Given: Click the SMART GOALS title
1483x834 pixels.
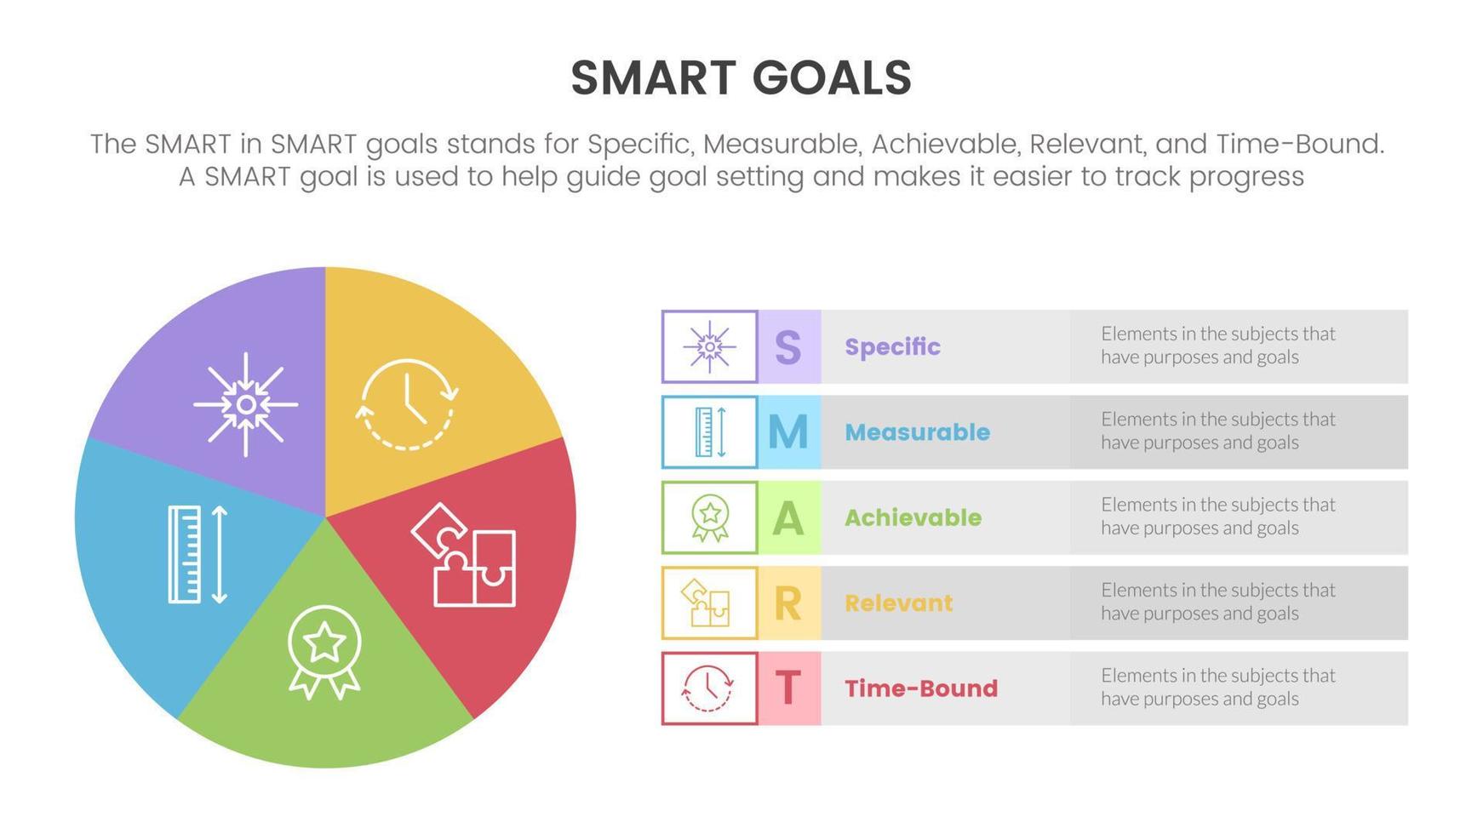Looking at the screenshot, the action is click(741, 77).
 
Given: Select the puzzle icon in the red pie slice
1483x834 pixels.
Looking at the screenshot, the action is click(464, 555).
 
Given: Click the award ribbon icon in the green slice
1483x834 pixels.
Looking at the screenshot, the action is click(324, 652).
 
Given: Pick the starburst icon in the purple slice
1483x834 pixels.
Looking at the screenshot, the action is click(245, 404).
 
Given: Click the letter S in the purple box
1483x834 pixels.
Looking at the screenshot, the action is click(787, 347).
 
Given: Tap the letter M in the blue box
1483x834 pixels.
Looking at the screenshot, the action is click(787, 432).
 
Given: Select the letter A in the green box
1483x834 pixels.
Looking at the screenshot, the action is click(787, 517).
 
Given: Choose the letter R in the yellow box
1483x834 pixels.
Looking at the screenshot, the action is click(787, 603).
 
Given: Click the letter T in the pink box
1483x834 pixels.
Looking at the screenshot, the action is click(787, 688).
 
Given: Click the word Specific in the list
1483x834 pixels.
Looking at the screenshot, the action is click(892, 347).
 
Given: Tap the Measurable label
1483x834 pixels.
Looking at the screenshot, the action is click(917, 432).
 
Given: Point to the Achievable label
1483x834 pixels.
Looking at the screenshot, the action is click(913, 517).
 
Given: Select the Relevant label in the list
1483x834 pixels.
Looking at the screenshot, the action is click(898, 603).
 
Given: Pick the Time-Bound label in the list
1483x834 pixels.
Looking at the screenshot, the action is click(920, 688).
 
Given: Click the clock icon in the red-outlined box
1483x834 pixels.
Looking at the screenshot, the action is click(707, 688).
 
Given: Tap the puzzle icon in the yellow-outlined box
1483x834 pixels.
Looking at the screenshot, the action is click(706, 603).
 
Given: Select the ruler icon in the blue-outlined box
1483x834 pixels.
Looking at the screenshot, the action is click(711, 432).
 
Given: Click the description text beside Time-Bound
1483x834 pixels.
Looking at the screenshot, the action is click(1217, 688).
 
